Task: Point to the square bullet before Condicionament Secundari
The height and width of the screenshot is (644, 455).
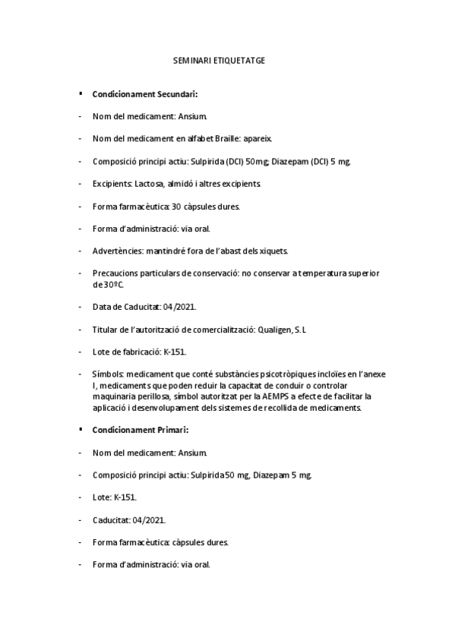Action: pos(81,93)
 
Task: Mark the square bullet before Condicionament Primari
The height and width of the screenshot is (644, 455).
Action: pos(81,429)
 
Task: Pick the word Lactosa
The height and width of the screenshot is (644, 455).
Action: pos(153,184)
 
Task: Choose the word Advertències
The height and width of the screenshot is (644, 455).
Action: pos(117,251)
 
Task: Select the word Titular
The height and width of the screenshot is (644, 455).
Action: pos(106,330)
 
